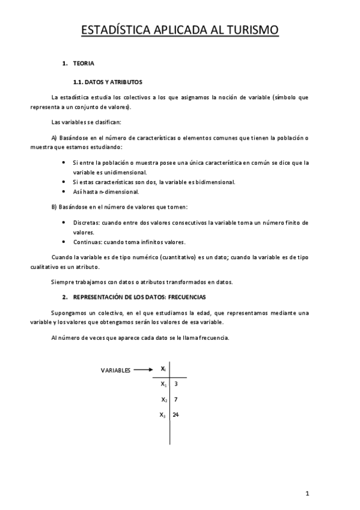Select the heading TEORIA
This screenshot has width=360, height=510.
[x=83, y=63]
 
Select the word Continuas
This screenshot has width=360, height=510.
[x=87, y=242]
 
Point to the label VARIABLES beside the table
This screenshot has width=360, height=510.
[x=115, y=370]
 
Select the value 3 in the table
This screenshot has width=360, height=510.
[x=175, y=383]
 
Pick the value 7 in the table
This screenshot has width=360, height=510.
[x=175, y=399]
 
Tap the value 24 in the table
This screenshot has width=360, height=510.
[x=176, y=415]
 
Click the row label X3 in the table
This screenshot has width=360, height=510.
[x=162, y=416]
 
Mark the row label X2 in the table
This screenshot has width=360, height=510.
[x=163, y=400]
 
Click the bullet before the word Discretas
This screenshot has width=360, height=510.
[x=65, y=223]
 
